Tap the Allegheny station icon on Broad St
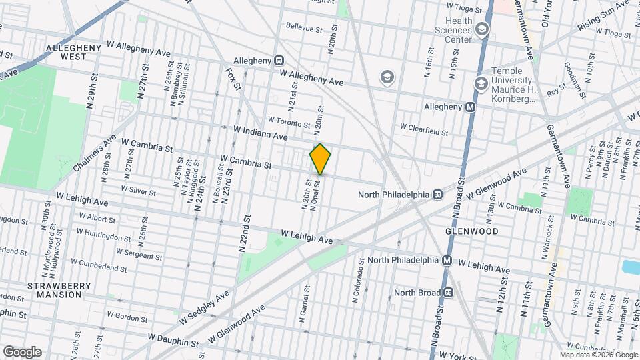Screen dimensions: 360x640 tap(471, 107)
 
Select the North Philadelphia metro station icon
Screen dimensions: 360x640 tap(447, 261)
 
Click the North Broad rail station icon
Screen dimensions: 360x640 tap(449, 292)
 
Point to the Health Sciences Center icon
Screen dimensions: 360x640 tap(481, 29)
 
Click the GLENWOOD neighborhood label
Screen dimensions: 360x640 tap(472, 231)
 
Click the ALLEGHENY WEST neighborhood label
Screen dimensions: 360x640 tap(75, 53)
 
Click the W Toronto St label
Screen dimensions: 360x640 tap(289, 122)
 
